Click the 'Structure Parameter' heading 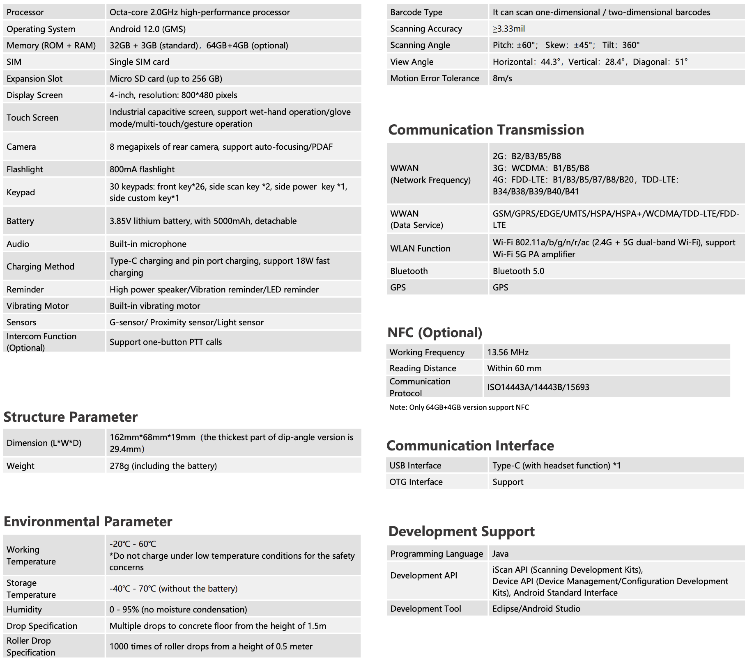pyautogui.click(x=70, y=417)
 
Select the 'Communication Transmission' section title pyautogui.click(x=486, y=130)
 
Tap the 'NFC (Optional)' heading pyautogui.click(x=435, y=332)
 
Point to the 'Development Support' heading pyautogui.click(x=461, y=531)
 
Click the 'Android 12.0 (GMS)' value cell pyautogui.click(x=147, y=29)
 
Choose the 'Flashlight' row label pyautogui.click(x=25, y=169)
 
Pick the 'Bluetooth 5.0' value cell pyautogui.click(x=518, y=271)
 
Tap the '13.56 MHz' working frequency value pyautogui.click(x=508, y=352)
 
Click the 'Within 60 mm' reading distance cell pyautogui.click(x=514, y=368)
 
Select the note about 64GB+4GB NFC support pyautogui.click(x=459, y=407)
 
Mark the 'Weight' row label pyautogui.click(x=21, y=466)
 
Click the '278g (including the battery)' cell pyautogui.click(x=163, y=466)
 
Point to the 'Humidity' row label pyautogui.click(x=24, y=610)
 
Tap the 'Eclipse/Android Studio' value pyautogui.click(x=536, y=609)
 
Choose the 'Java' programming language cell pyautogui.click(x=500, y=554)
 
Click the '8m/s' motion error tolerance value pyautogui.click(x=502, y=78)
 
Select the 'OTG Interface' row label pyautogui.click(x=416, y=482)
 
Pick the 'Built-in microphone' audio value pyautogui.click(x=148, y=244)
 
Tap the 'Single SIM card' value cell pyautogui.click(x=139, y=62)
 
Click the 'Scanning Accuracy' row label pyautogui.click(x=426, y=29)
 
